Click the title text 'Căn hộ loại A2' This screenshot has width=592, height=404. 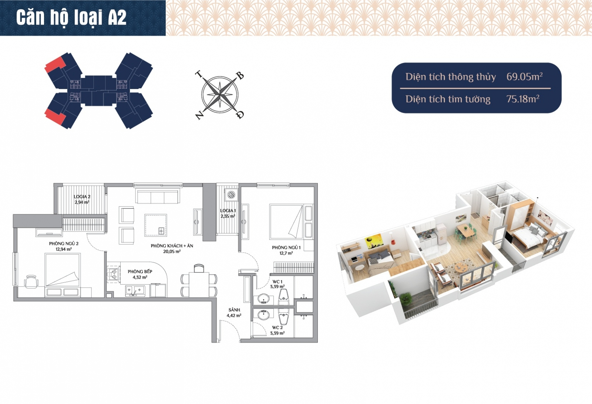coord(71,17)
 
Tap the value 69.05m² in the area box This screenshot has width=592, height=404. coord(524,77)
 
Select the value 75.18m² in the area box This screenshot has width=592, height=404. coord(522,99)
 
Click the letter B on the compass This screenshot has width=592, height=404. coord(240,76)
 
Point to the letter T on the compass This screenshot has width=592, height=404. coord(199,75)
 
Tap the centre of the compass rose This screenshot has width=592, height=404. coord(220,95)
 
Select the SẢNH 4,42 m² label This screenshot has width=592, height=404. coord(234,313)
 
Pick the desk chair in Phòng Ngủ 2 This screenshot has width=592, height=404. coord(31,282)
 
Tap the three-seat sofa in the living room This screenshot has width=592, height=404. coord(157,196)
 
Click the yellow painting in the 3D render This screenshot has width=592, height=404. coord(374,242)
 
